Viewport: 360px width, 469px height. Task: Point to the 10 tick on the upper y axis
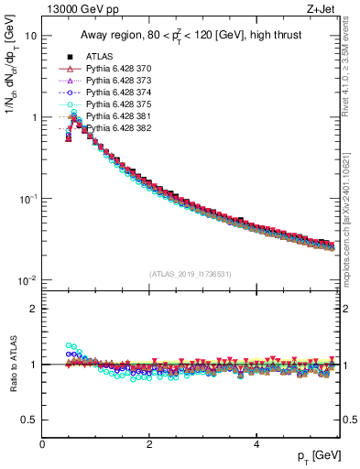coord(31,36)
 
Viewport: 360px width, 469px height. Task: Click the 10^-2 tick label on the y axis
coord(28,280)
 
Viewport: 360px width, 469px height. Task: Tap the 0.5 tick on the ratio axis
coord(29,420)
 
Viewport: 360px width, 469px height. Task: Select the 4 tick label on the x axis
coord(256,444)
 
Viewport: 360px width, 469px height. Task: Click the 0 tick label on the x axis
coord(43,444)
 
